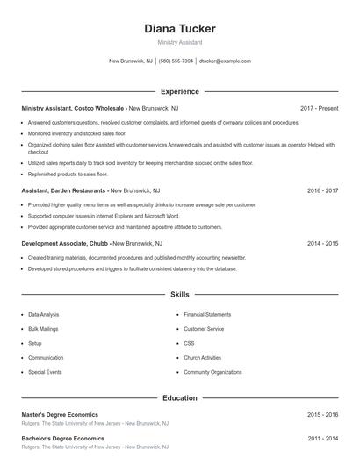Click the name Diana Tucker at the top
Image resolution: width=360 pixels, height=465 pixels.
click(179, 28)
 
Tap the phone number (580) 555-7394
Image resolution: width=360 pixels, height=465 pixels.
click(176, 61)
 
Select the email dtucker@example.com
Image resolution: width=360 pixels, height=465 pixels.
click(225, 61)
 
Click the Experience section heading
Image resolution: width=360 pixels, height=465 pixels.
click(179, 91)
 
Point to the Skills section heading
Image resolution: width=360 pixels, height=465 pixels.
click(179, 295)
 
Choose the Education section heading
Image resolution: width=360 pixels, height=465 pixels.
click(179, 397)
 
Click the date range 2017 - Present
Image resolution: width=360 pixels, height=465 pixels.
click(319, 108)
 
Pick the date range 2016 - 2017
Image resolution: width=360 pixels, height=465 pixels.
click(322, 190)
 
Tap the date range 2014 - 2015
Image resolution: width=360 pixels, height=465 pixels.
click(322, 243)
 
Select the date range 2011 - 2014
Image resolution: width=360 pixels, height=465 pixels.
click(322, 438)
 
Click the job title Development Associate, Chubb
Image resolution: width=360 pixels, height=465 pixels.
click(65, 243)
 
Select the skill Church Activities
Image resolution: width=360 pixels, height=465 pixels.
click(202, 358)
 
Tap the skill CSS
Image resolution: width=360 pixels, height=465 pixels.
click(189, 343)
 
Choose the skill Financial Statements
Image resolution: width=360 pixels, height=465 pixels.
click(207, 314)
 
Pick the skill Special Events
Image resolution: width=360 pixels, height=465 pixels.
click(45, 372)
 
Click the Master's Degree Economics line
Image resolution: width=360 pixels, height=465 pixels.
click(60, 414)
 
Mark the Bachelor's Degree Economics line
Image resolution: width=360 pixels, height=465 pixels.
click(62, 438)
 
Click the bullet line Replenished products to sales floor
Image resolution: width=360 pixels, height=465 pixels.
click(68, 175)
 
